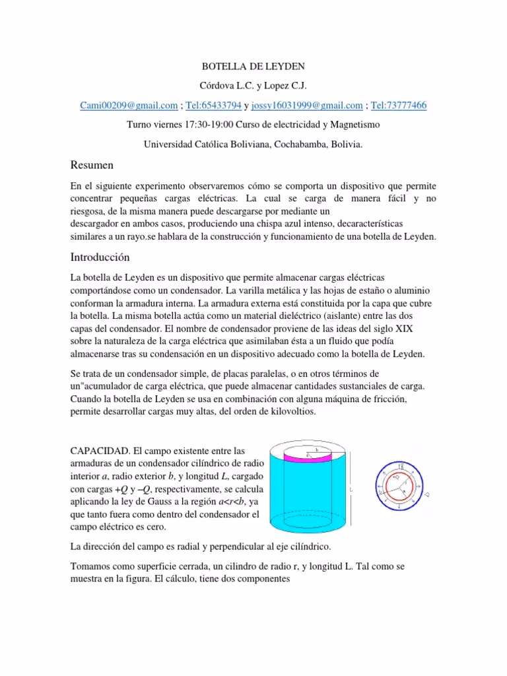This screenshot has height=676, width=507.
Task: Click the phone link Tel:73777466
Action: [x=399, y=105]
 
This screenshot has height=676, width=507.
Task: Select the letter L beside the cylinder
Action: [x=351, y=490]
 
